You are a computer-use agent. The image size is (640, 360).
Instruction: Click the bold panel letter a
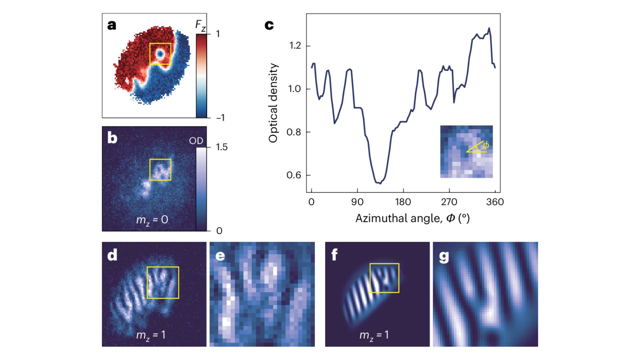click(x=112, y=25)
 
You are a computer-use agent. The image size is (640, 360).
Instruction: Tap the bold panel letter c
click(x=269, y=25)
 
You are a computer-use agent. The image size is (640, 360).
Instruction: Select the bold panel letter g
click(x=444, y=257)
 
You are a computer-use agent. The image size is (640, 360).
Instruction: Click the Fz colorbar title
click(x=200, y=26)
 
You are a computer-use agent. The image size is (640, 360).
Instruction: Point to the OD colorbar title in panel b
click(x=196, y=141)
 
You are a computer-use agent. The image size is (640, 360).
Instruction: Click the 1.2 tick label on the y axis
click(x=294, y=46)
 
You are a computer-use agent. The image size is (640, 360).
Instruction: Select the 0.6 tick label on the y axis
click(x=294, y=175)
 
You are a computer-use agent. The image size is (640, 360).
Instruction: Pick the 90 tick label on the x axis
click(x=357, y=202)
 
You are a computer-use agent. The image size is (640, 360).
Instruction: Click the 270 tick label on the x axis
click(x=449, y=202)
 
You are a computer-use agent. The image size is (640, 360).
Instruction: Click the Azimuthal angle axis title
click(x=412, y=218)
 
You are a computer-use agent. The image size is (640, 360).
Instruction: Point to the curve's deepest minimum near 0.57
click(x=380, y=183)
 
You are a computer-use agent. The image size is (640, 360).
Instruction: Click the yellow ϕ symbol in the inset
click(x=486, y=145)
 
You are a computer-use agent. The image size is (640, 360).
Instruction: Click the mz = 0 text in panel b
click(x=152, y=220)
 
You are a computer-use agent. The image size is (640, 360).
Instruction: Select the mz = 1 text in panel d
click(x=151, y=335)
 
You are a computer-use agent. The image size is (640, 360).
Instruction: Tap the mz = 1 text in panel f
click(x=374, y=335)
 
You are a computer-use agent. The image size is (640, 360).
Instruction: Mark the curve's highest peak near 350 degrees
click(x=489, y=28)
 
